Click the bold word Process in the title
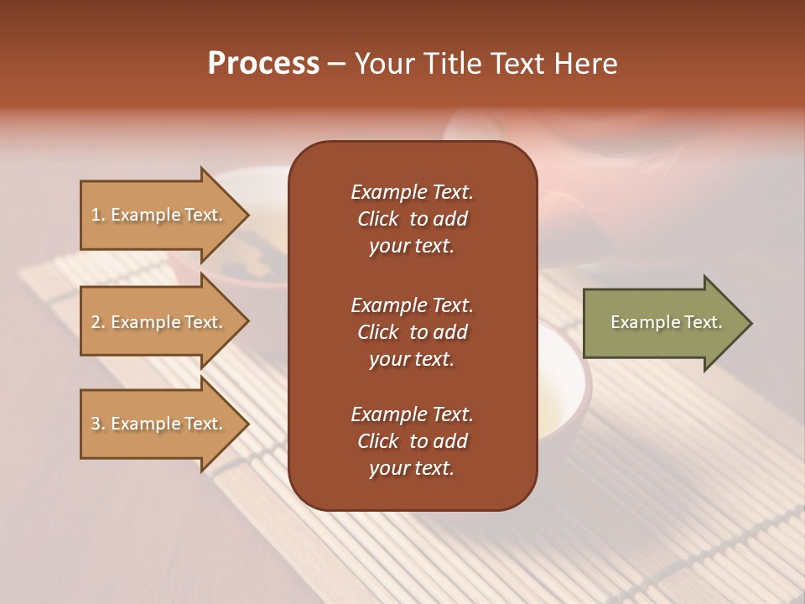[263, 64]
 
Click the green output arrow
[662, 323]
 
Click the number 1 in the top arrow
[96, 215]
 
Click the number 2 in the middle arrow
[96, 322]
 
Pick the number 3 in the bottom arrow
[96, 424]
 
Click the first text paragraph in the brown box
[412, 219]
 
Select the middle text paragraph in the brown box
[412, 332]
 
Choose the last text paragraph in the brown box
[412, 441]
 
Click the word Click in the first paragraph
[377, 219]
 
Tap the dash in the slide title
[336, 64]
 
